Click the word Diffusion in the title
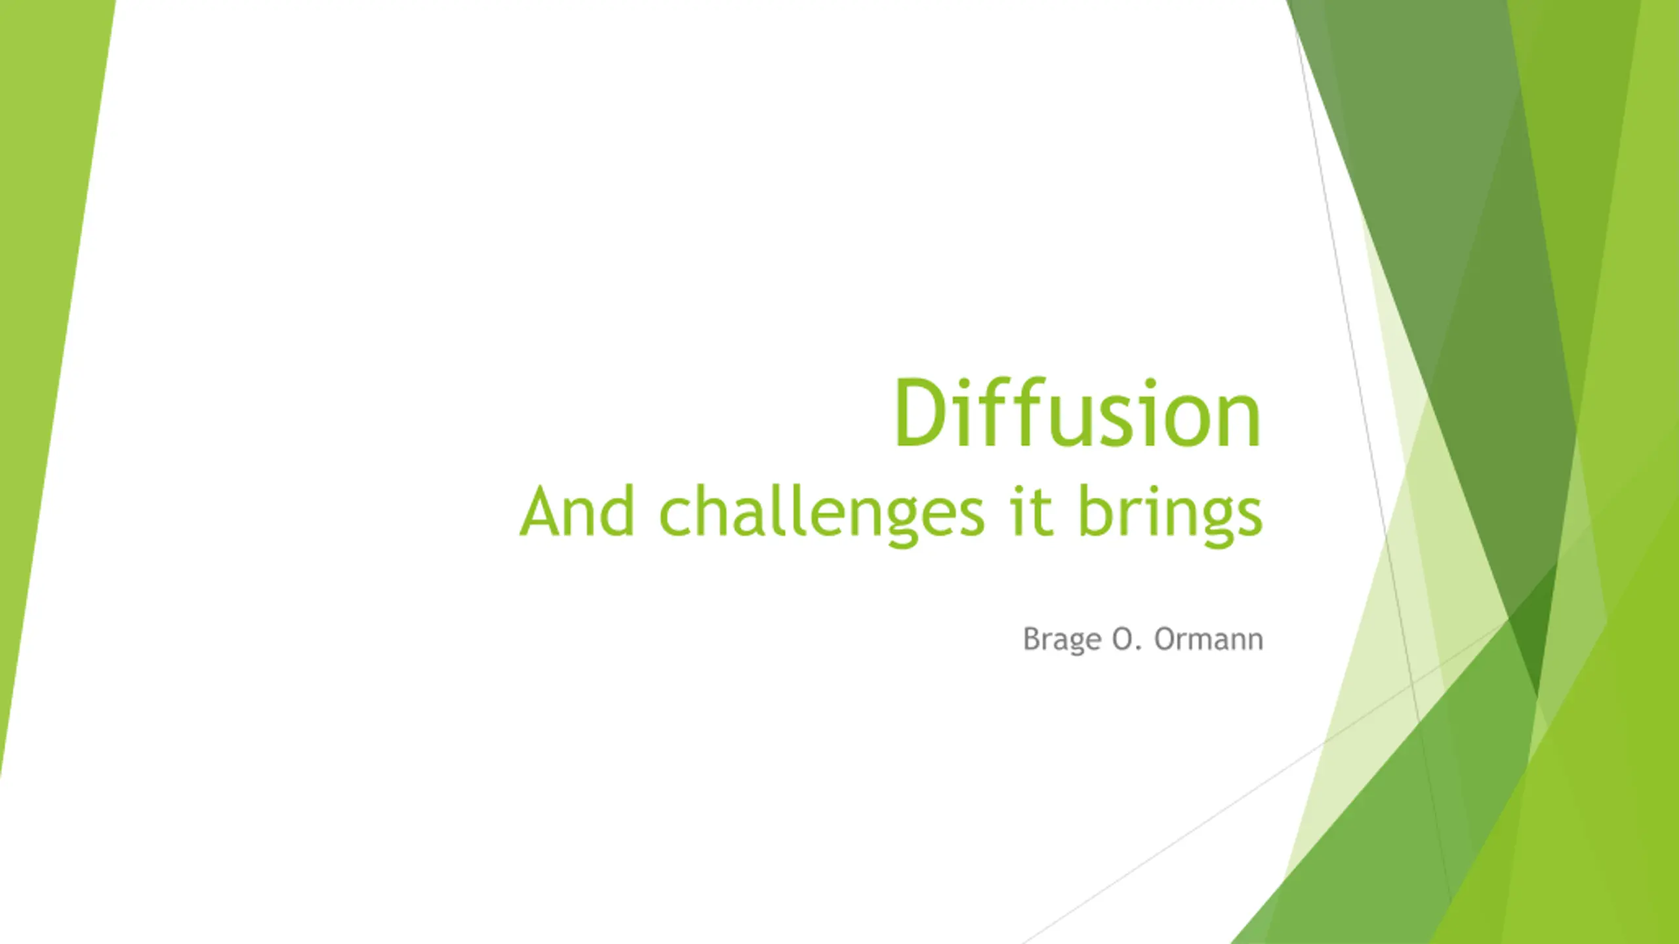(x=1078, y=414)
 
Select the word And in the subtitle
(x=577, y=511)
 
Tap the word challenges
(x=822, y=515)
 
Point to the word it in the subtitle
(x=1032, y=511)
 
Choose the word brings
(x=1170, y=515)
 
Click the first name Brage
(x=1062, y=639)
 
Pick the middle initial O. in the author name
(x=1127, y=639)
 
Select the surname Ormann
(x=1209, y=639)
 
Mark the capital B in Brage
(x=1032, y=639)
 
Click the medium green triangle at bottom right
(x=1397, y=819)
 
